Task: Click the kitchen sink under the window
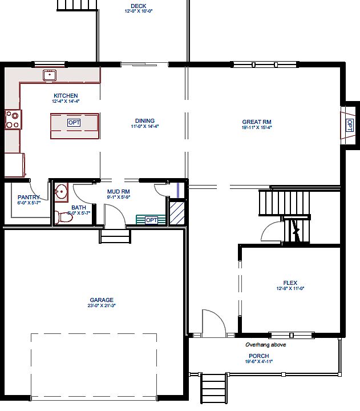(50, 75)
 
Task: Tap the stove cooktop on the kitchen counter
(13, 120)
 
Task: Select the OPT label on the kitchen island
(74, 123)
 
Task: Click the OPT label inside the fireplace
(349, 123)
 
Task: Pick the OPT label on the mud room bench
(151, 220)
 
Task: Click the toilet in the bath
(61, 216)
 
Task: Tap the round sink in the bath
(61, 192)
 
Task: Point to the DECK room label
(138, 6)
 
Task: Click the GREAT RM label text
(256, 122)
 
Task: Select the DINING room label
(145, 120)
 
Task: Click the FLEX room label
(290, 283)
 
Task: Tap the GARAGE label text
(102, 300)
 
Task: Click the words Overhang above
(265, 345)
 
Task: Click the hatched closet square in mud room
(177, 212)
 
